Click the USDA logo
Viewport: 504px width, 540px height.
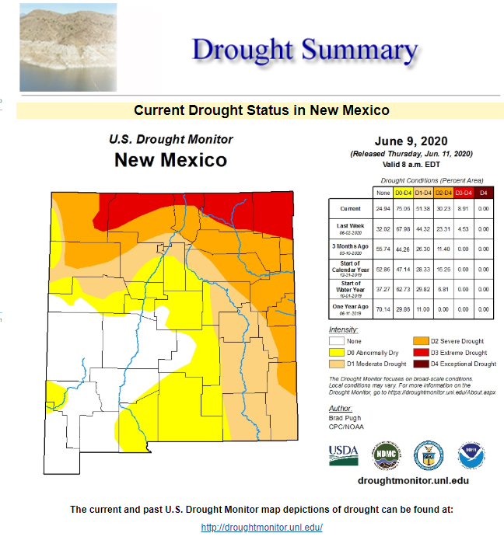click(344, 455)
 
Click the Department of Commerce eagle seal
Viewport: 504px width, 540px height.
click(429, 455)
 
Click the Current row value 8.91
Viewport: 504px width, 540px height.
click(463, 209)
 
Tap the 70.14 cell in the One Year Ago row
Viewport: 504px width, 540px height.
click(382, 308)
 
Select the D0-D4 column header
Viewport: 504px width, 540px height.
click(403, 192)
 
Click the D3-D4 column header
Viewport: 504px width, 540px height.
click(463, 192)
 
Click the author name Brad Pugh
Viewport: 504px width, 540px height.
click(345, 418)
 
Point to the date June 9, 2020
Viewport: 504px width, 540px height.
click(411, 142)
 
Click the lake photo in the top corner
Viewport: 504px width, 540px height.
click(68, 47)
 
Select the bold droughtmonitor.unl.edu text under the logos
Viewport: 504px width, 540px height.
click(412, 480)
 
